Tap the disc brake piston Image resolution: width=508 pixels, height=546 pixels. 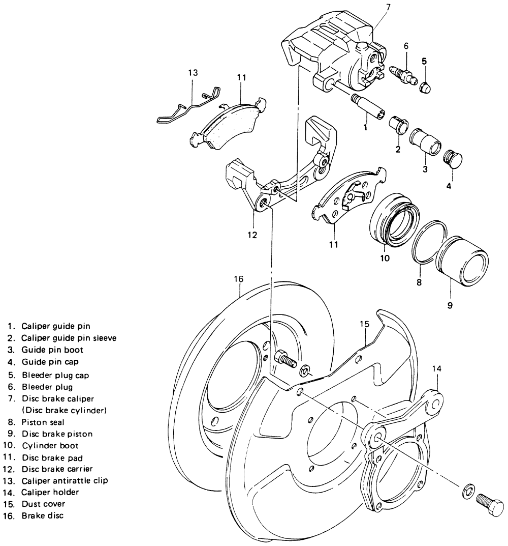462,258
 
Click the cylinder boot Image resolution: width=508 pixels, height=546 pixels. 394,217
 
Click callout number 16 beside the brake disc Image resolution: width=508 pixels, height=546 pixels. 239,279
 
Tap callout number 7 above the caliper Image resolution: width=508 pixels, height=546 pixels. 388,8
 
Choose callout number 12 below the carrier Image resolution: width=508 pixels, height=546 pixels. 252,235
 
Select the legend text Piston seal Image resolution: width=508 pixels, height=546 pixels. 43,422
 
